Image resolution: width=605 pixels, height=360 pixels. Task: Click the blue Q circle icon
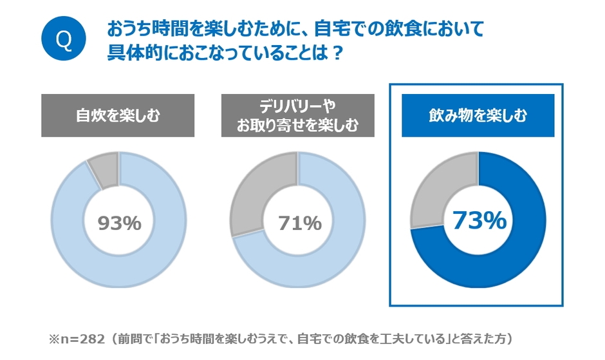point(63,39)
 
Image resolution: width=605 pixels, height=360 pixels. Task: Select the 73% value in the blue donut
point(479,220)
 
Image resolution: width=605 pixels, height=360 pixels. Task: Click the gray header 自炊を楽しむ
point(118,116)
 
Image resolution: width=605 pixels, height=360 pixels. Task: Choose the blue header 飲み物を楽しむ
point(478,116)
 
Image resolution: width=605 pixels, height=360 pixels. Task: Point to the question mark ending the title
point(337,53)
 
